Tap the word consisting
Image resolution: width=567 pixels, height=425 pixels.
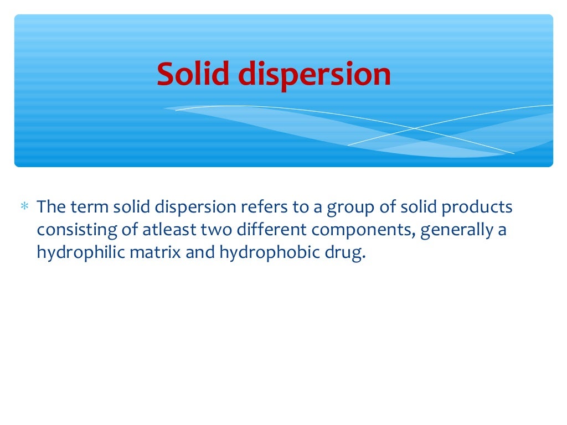click(74, 230)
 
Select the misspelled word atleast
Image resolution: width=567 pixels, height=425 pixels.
click(162, 230)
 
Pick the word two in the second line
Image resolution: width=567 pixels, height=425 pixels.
click(207, 230)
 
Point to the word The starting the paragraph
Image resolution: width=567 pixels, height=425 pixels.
click(51, 207)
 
